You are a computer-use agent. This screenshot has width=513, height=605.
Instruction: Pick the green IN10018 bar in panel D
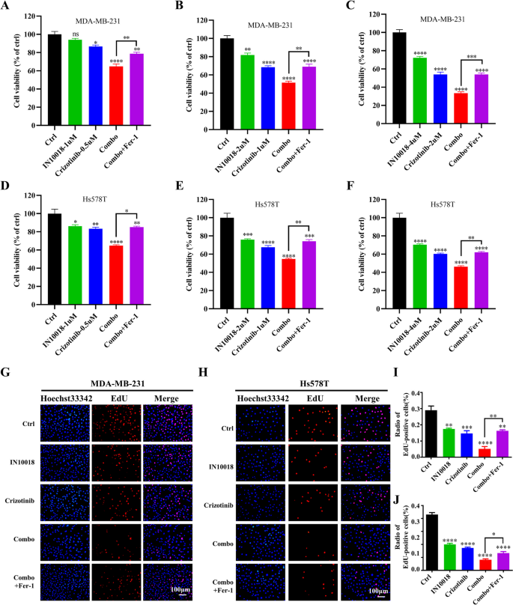[x=74, y=262]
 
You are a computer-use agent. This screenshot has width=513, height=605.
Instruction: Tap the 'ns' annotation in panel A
[x=74, y=34]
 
